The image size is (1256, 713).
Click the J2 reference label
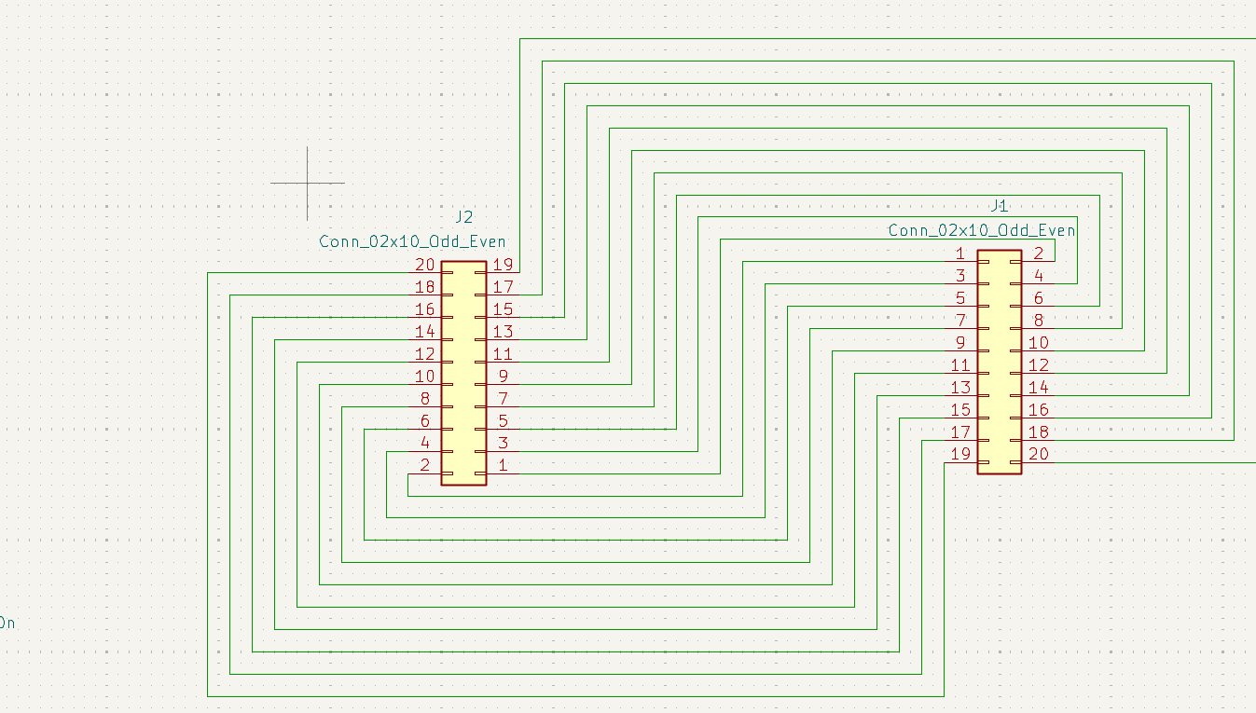point(463,217)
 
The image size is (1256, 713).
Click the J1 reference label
point(999,206)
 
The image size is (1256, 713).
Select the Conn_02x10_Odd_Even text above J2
point(412,241)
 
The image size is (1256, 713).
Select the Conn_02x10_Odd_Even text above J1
point(981,230)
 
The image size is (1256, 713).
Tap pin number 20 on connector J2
point(424,265)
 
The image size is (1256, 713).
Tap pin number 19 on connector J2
point(504,265)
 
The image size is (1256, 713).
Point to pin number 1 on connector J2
point(504,465)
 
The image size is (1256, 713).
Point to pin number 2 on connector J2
point(424,465)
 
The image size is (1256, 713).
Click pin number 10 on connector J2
point(424,377)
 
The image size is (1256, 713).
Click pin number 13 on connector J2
point(504,332)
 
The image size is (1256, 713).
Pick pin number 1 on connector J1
point(960,254)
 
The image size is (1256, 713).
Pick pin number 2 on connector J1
point(1038,254)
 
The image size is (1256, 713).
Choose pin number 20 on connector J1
point(1038,455)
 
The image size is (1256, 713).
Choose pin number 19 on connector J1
point(960,455)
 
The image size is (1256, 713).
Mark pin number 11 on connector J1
point(960,365)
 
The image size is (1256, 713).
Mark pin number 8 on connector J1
point(1038,321)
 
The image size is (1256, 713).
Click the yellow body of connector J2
point(463,373)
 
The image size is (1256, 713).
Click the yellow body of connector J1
point(1000,362)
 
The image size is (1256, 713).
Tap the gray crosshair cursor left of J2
point(308,183)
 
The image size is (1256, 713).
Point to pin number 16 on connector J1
point(1038,410)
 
